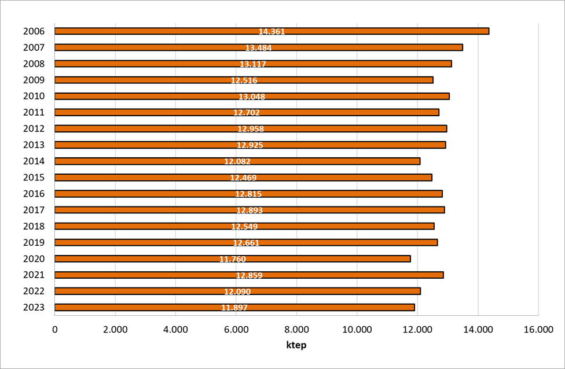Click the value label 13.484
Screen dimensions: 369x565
pyautogui.click(x=258, y=48)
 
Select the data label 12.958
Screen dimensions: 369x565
pyautogui.click(x=251, y=129)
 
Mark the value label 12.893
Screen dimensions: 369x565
pyautogui.click(x=250, y=210)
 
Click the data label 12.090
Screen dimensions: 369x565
pyautogui.click(x=237, y=291)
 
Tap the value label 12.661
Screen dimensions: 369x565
pyautogui.click(x=246, y=243)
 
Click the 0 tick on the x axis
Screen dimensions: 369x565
pyautogui.click(x=55, y=330)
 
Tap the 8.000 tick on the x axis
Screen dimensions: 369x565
pyautogui.click(x=296, y=330)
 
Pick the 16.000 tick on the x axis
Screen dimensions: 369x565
pyautogui.click(x=538, y=330)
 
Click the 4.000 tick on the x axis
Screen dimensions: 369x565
pyautogui.click(x=176, y=330)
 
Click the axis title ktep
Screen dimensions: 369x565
pyautogui.click(x=296, y=345)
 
